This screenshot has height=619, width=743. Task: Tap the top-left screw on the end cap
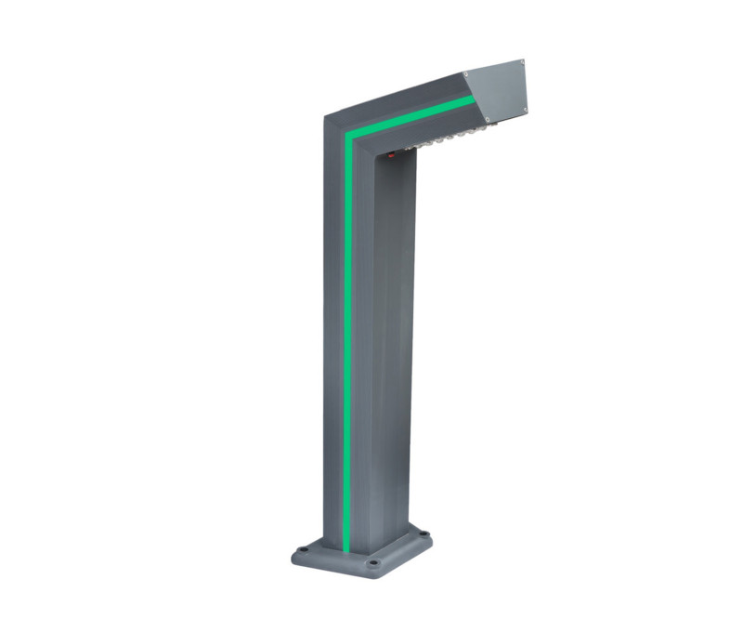click(466, 74)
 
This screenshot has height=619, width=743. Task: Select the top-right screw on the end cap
click(522, 63)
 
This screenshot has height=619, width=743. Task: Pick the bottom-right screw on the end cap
click(524, 111)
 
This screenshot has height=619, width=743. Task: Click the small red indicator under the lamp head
click(391, 155)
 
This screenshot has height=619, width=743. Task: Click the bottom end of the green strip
click(345, 548)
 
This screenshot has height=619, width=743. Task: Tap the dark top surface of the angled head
click(399, 98)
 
